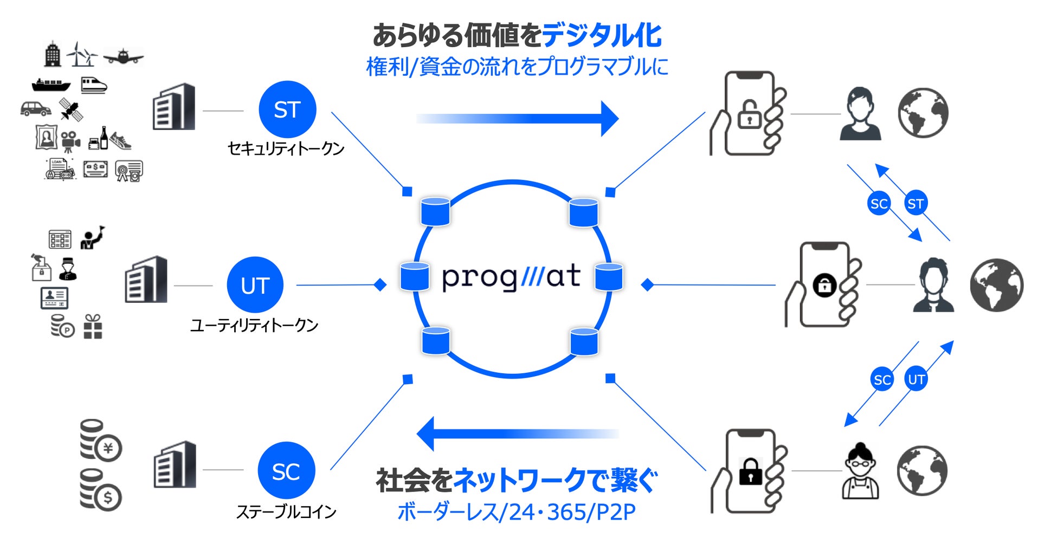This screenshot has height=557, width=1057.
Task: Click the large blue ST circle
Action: (x=287, y=109)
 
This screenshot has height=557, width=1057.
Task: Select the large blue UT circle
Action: (x=255, y=285)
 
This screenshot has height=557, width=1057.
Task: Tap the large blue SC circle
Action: (x=286, y=471)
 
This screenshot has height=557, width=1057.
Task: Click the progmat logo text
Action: (x=511, y=277)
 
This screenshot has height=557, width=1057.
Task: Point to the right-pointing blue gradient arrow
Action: (x=518, y=118)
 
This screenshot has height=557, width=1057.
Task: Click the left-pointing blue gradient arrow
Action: (x=518, y=433)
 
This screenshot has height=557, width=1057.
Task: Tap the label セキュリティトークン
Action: (x=286, y=148)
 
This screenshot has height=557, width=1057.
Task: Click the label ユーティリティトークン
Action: (x=254, y=325)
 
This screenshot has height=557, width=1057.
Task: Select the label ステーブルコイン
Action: (x=286, y=511)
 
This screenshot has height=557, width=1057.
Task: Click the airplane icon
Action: (x=124, y=56)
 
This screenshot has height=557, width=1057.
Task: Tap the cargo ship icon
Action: (x=51, y=85)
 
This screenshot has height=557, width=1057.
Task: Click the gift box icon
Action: (x=93, y=327)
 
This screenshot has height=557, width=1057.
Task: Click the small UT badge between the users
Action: (x=916, y=379)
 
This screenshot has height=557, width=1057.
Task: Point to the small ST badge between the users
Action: (x=916, y=204)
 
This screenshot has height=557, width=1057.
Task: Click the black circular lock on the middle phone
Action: (x=824, y=285)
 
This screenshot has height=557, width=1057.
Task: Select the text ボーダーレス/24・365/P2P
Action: (x=517, y=512)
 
